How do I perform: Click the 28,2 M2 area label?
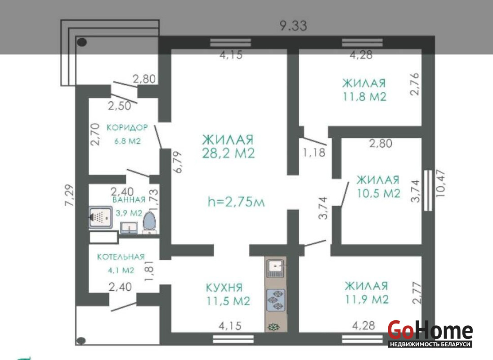[228, 153]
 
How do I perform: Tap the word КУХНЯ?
[224, 288]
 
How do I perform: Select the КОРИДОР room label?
[127, 127]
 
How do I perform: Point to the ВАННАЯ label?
[129, 200]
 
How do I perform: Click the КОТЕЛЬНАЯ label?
[121, 257]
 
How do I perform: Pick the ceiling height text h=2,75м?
[236, 202]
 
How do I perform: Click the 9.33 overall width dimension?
[293, 26]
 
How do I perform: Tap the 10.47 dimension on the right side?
[441, 183]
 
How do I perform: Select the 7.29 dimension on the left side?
[69, 195]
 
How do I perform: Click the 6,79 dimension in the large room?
[178, 162]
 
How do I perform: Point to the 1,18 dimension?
[314, 153]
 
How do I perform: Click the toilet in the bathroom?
[149, 223]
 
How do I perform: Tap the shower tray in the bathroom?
[100, 217]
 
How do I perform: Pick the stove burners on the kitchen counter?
[276, 300]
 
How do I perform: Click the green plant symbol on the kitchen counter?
[273, 327]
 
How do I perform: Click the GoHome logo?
[430, 334]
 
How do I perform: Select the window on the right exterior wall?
[428, 190]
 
